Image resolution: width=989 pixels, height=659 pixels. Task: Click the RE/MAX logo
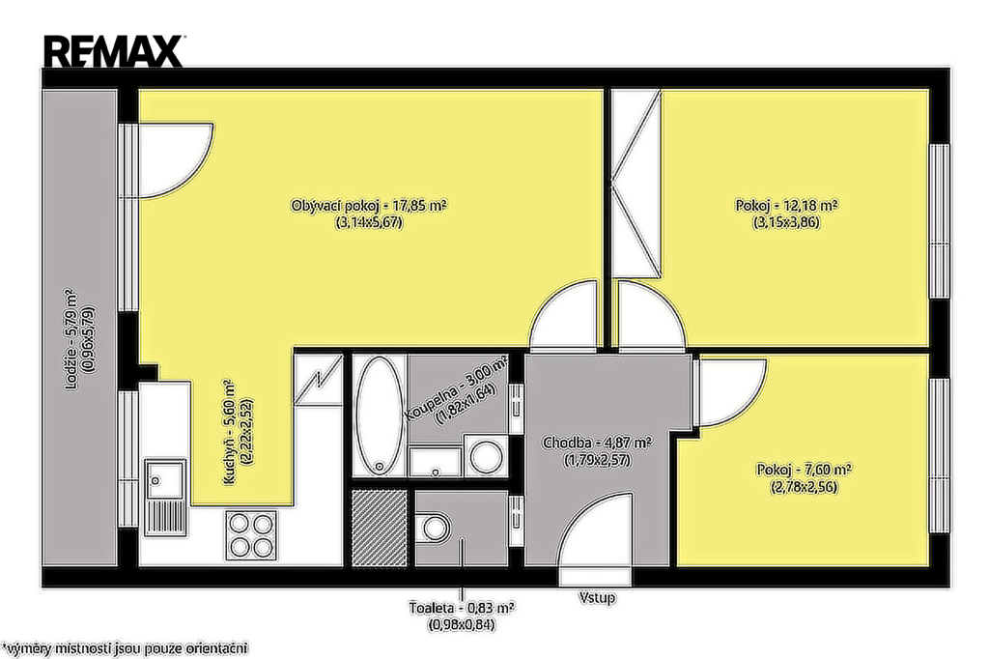(113, 51)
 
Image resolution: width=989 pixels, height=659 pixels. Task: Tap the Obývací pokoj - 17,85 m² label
(369, 206)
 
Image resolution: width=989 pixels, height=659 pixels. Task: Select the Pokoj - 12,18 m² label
(786, 206)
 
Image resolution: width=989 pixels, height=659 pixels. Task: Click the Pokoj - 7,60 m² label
(804, 471)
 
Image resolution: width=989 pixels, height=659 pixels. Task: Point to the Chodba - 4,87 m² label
(597, 444)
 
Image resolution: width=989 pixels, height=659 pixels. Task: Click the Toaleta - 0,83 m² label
(461, 609)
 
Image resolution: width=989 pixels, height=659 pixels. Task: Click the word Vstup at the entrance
(597, 597)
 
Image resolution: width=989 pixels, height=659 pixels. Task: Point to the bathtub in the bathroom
(380, 415)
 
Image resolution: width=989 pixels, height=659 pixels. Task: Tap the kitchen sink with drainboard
(165, 498)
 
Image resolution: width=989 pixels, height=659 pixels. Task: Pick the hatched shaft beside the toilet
(379, 529)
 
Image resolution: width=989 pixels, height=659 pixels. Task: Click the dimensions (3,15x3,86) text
(786, 222)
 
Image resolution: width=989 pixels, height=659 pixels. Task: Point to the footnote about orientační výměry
(125, 648)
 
